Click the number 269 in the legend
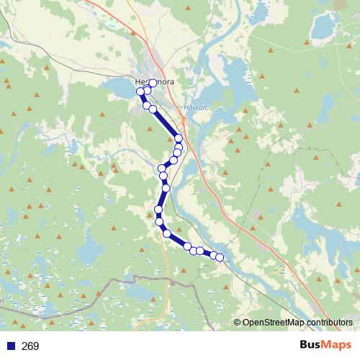click(30, 346)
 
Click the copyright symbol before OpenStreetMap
click(238, 323)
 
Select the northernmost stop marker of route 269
click(153, 83)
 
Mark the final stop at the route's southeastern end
click(220, 257)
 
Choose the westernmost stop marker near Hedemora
click(140, 91)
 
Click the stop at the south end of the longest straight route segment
click(178, 138)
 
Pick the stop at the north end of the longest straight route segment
click(153, 109)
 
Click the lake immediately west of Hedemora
click(119, 88)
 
